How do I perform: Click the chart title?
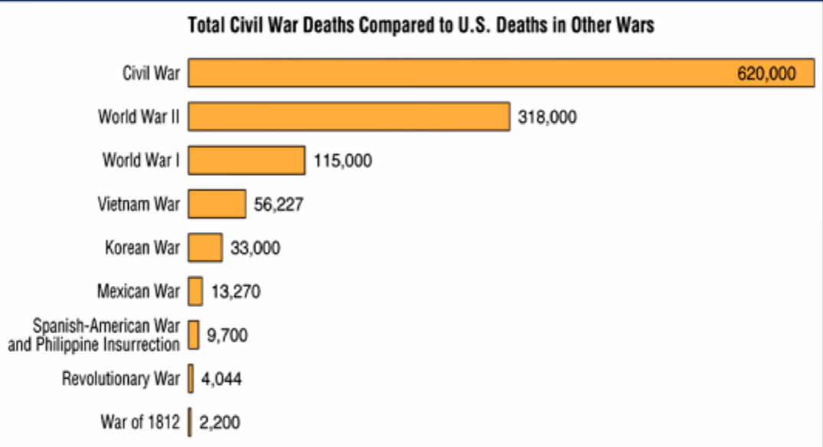(x=421, y=25)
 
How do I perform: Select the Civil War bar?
(x=501, y=73)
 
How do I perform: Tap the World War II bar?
(x=349, y=116)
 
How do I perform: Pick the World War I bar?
(x=247, y=160)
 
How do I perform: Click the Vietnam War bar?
(x=216, y=203)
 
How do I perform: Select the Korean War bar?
(x=205, y=247)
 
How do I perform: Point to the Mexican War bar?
(x=195, y=291)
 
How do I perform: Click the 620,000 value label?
(x=766, y=73)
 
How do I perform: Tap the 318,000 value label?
(x=548, y=117)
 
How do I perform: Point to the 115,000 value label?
(x=343, y=160)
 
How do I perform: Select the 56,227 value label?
(x=278, y=204)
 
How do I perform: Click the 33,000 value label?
(x=255, y=248)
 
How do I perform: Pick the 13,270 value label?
(x=236, y=291)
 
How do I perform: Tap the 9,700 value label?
(x=226, y=335)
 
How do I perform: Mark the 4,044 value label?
(x=222, y=379)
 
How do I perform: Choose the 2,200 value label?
(x=220, y=423)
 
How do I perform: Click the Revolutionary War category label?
(x=121, y=378)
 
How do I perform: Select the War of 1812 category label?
(x=140, y=422)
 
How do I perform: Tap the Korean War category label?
(x=142, y=247)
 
